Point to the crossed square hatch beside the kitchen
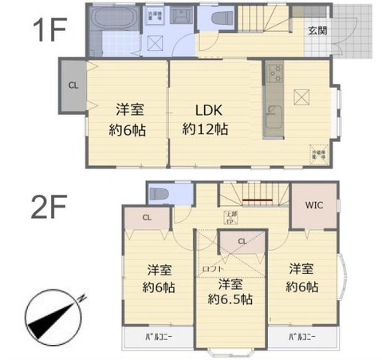pyautogui.click(x=303, y=97)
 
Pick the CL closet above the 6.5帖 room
pyautogui.click(x=242, y=241)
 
